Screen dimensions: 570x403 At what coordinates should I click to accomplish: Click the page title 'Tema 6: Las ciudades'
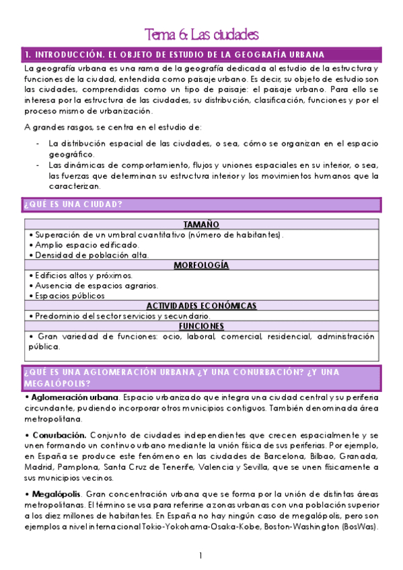coord(202,34)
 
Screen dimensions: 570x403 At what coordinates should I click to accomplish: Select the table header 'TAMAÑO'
coord(201,225)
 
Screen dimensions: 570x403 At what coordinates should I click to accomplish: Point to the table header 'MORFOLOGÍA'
coord(201,266)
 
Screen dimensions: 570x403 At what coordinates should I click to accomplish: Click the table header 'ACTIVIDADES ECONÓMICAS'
coord(201,306)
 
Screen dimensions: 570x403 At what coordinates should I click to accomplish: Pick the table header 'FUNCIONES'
coord(201,326)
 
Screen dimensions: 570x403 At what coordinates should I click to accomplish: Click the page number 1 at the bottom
coord(201,555)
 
